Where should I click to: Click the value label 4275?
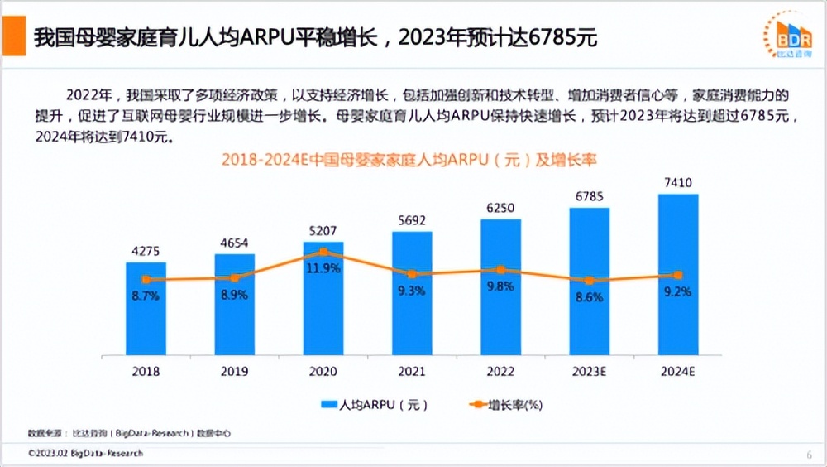(146, 250)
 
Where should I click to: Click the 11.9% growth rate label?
(323, 268)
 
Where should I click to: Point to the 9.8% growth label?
(500, 286)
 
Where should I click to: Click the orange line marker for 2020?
(323, 252)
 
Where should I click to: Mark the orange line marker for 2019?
(234, 278)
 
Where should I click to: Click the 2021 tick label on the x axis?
(412, 372)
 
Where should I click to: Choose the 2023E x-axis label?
(590, 372)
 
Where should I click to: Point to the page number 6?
(809, 455)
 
